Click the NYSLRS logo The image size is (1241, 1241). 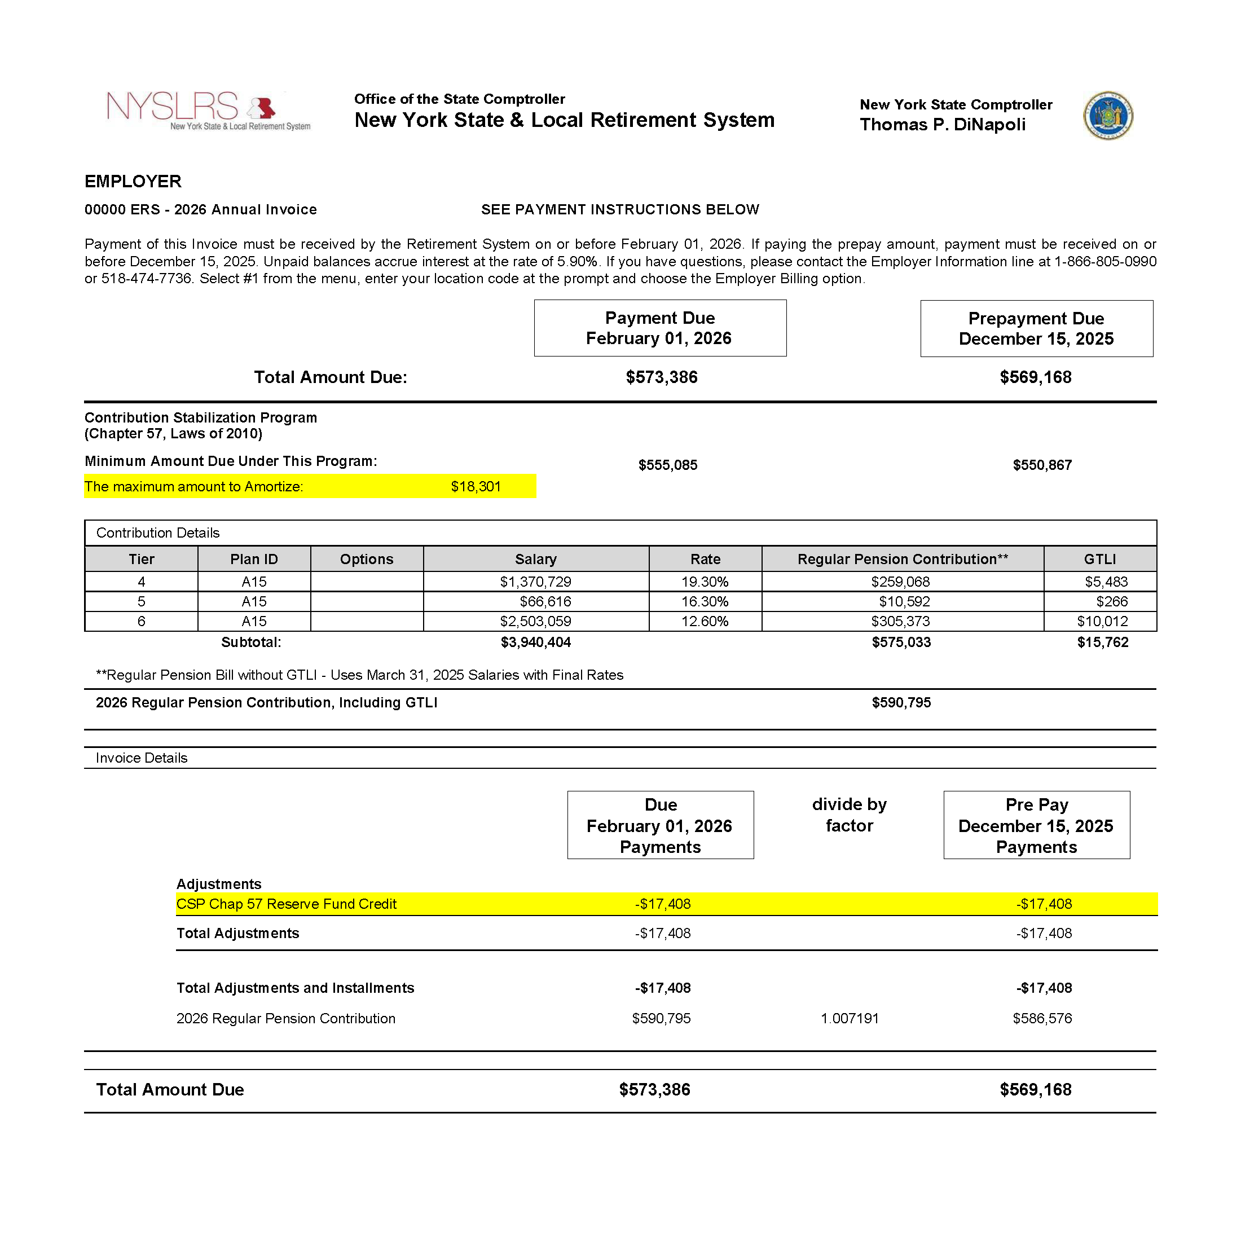(x=208, y=111)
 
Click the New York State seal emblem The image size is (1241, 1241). (x=1108, y=116)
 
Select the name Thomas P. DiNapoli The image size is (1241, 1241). (x=942, y=125)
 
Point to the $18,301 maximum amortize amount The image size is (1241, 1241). (x=476, y=486)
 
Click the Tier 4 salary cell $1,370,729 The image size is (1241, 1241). (x=535, y=582)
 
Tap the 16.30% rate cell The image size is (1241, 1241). (x=705, y=601)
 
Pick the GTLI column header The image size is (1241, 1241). (x=1099, y=559)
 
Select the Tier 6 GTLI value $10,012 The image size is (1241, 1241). (x=1102, y=621)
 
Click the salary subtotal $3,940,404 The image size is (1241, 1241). (x=535, y=642)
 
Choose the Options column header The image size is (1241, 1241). (x=366, y=559)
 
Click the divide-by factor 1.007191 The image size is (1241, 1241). (x=849, y=1018)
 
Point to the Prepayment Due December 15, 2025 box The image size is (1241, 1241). (x=1036, y=328)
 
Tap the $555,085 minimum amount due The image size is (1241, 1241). (x=667, y=465)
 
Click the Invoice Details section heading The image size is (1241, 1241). (x=142, y=758)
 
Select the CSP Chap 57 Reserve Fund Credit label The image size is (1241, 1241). (x=287, y=904)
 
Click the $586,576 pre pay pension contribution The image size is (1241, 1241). (x=1042, y=1018)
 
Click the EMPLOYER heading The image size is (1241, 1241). (x=133, y=181)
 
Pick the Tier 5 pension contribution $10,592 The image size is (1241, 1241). (x=904, y=601)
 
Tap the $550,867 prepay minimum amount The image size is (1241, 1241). (x=1042, y=465)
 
